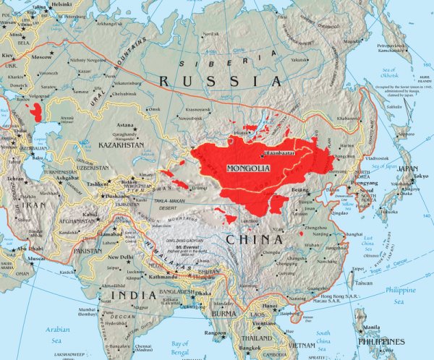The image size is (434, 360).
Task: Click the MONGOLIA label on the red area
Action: pyautogui.click(x=248, y=168)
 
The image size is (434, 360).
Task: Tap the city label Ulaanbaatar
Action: pyautogui.click(x=260, y=153)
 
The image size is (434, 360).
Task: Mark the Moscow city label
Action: pyautogui.click(x=41, y=56)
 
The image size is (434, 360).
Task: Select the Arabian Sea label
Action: pyautogui.click(x=61, y=320)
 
